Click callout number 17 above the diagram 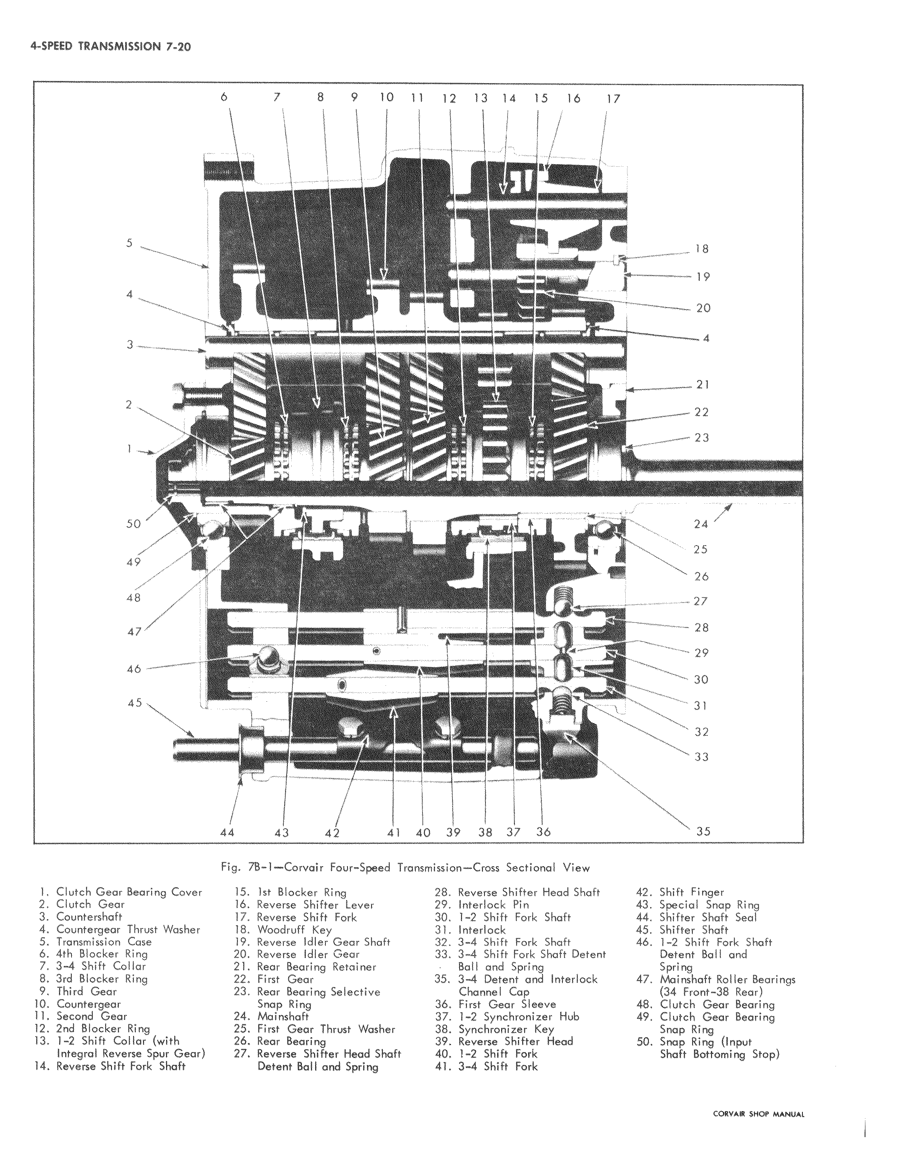click(x=613, y=99)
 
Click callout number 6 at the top click(x=224, y=97)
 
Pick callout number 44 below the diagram click(x=227, y=832)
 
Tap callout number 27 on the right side click(x=701, y=601)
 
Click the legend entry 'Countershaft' click(x=90, y=917)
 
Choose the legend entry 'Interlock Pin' click(x=493, y=905)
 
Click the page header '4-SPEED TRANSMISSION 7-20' click(x=111, y=46)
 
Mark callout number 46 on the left click(x=133, y=669)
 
